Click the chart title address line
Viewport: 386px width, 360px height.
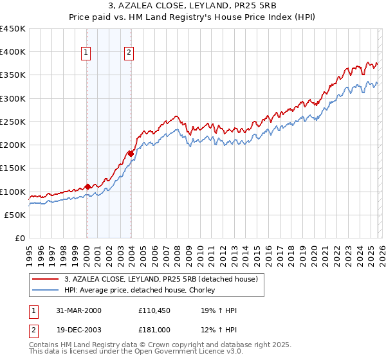click(192, 6)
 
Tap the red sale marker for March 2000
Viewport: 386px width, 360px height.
click(87, 186)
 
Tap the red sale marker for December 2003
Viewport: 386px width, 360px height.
click(131, 154)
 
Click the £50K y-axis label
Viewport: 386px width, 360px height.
click(15, 215)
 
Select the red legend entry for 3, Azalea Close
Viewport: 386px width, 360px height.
click(161, 279)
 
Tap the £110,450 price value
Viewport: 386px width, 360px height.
click(152, 310)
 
